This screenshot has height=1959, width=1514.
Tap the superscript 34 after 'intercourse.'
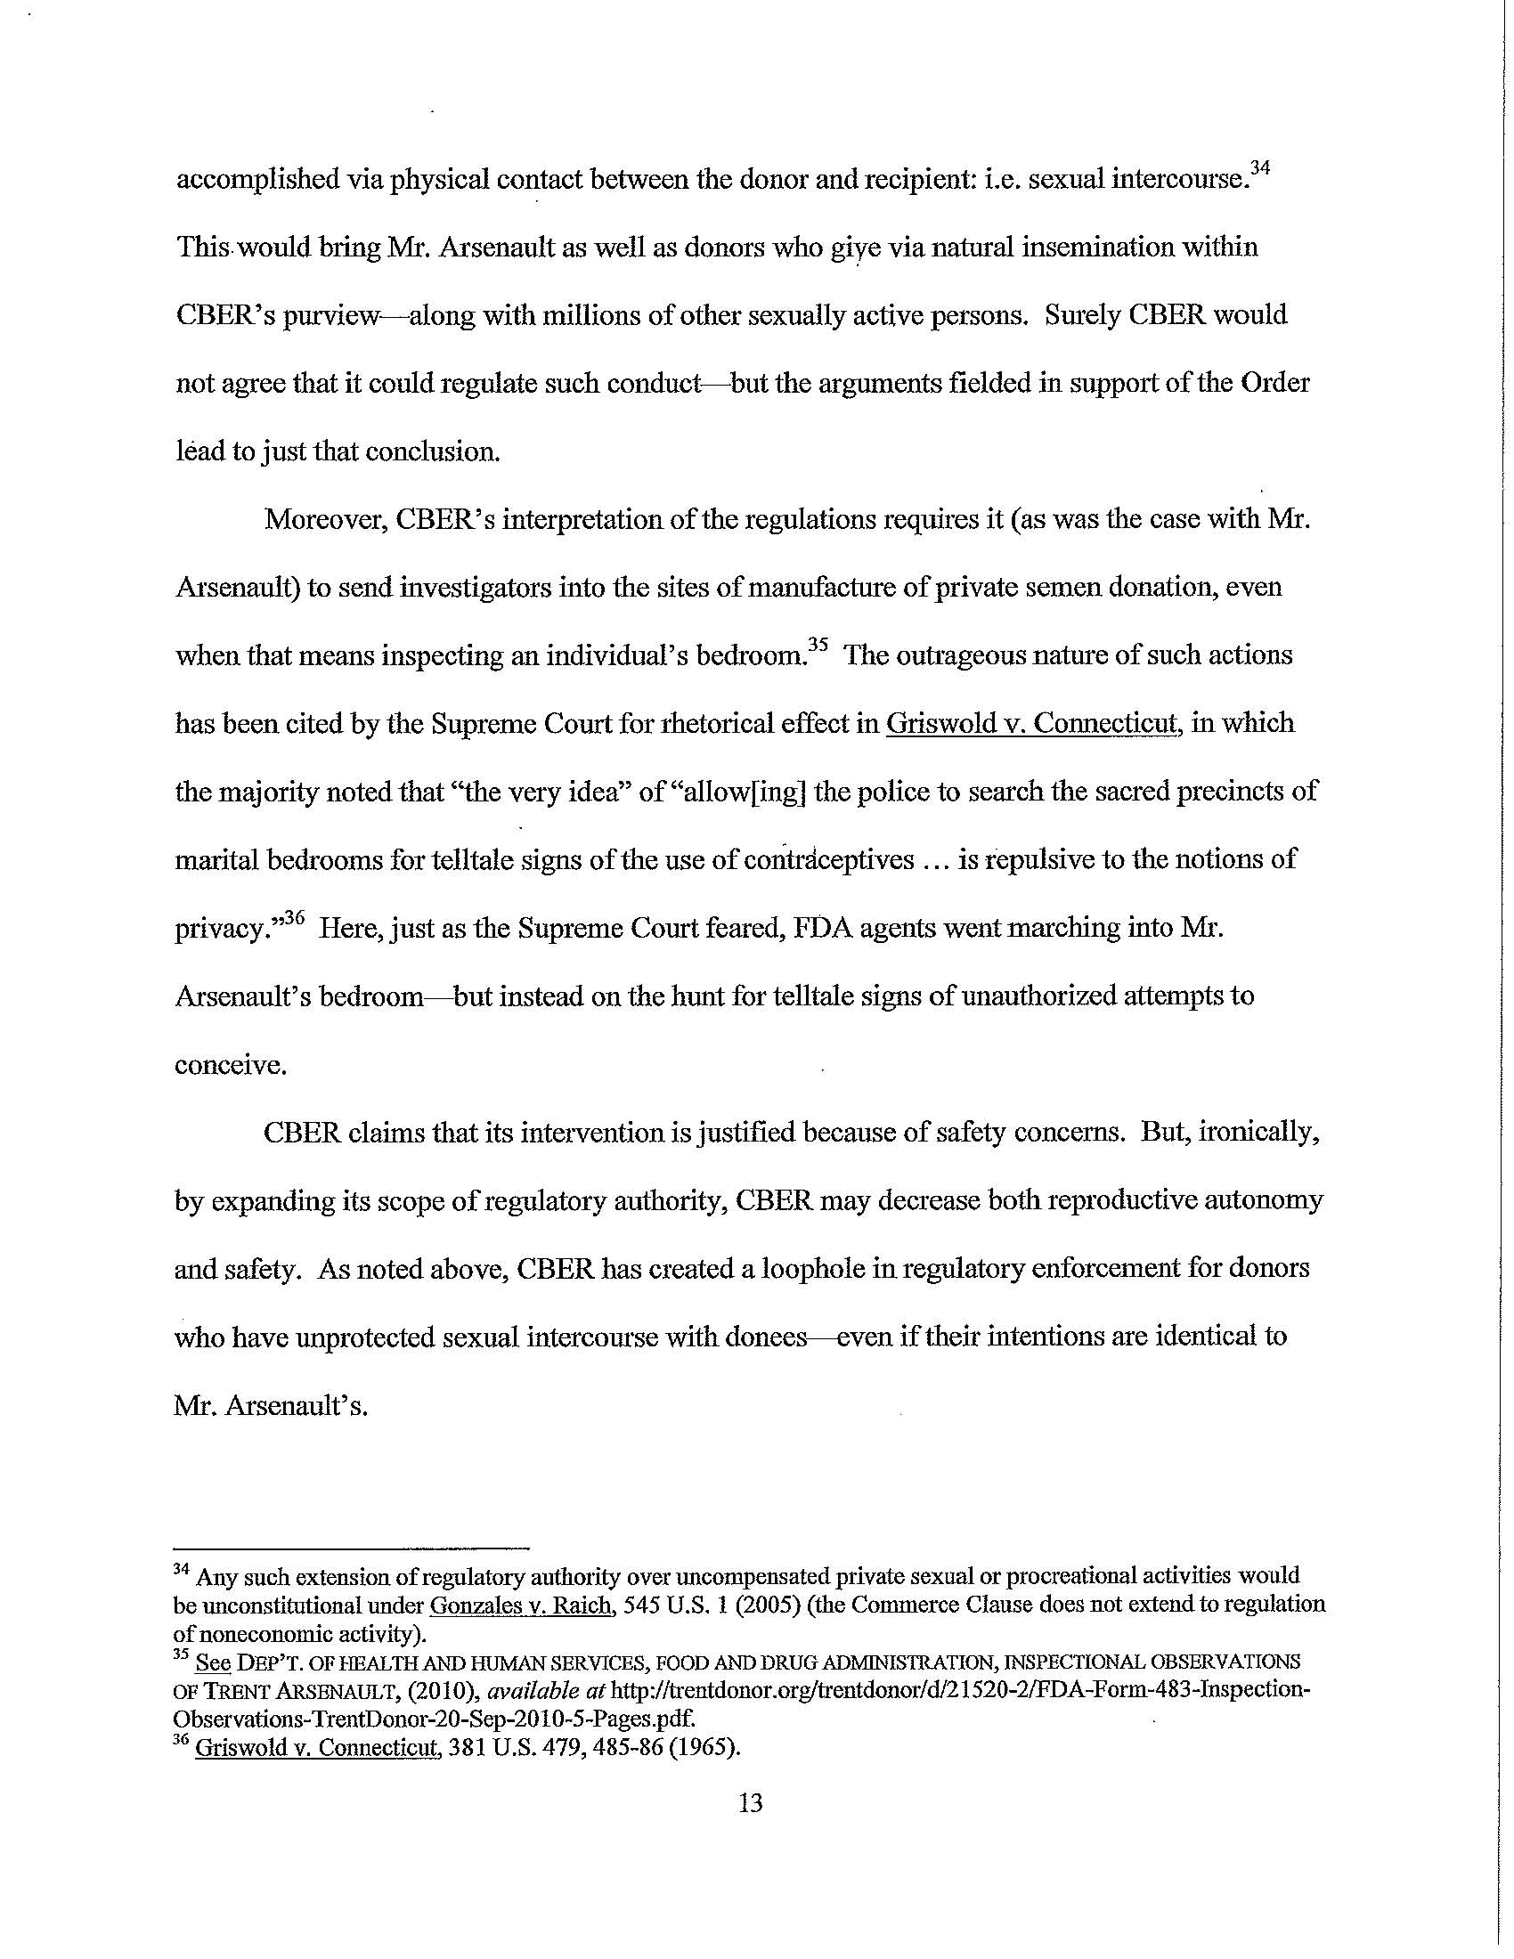tap(1260, 167)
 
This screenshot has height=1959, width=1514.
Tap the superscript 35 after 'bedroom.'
tap(817, 643)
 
